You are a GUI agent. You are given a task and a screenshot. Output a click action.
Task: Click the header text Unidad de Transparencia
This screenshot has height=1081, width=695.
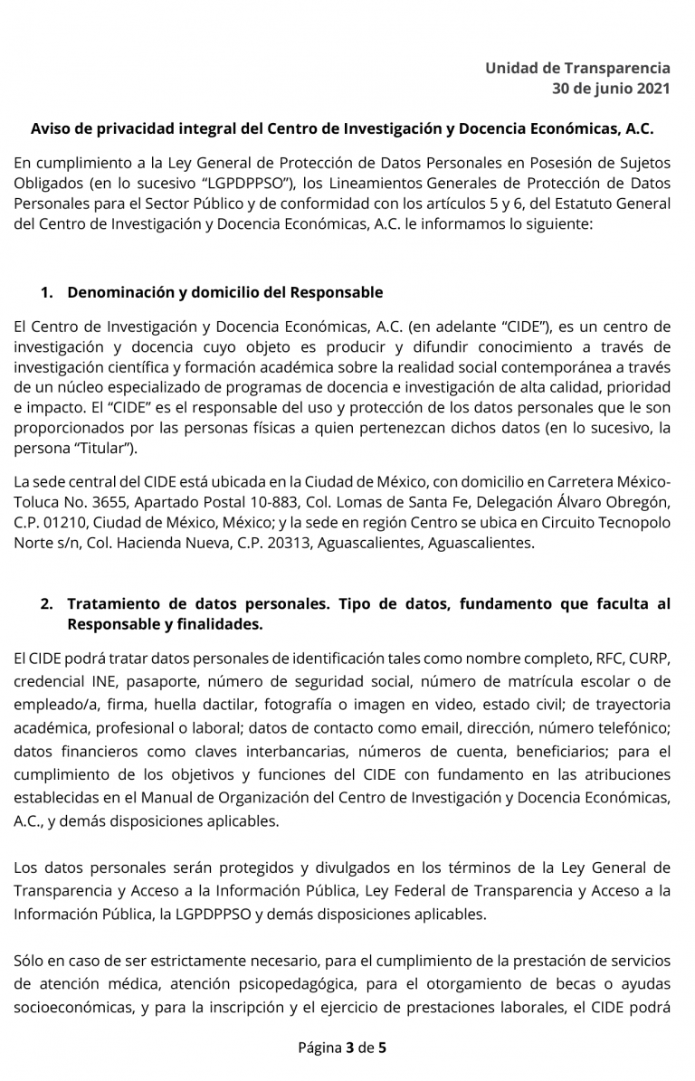click(577, 68)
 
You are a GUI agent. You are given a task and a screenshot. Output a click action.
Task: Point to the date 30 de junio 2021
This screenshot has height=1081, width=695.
click(611, 88)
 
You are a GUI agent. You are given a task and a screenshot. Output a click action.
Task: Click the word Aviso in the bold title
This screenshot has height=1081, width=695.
click(52, 128)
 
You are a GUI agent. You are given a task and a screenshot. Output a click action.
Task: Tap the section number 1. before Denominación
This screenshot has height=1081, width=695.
click(47, 292)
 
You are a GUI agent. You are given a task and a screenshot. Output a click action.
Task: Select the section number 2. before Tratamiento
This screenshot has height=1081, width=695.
click(47, 603)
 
